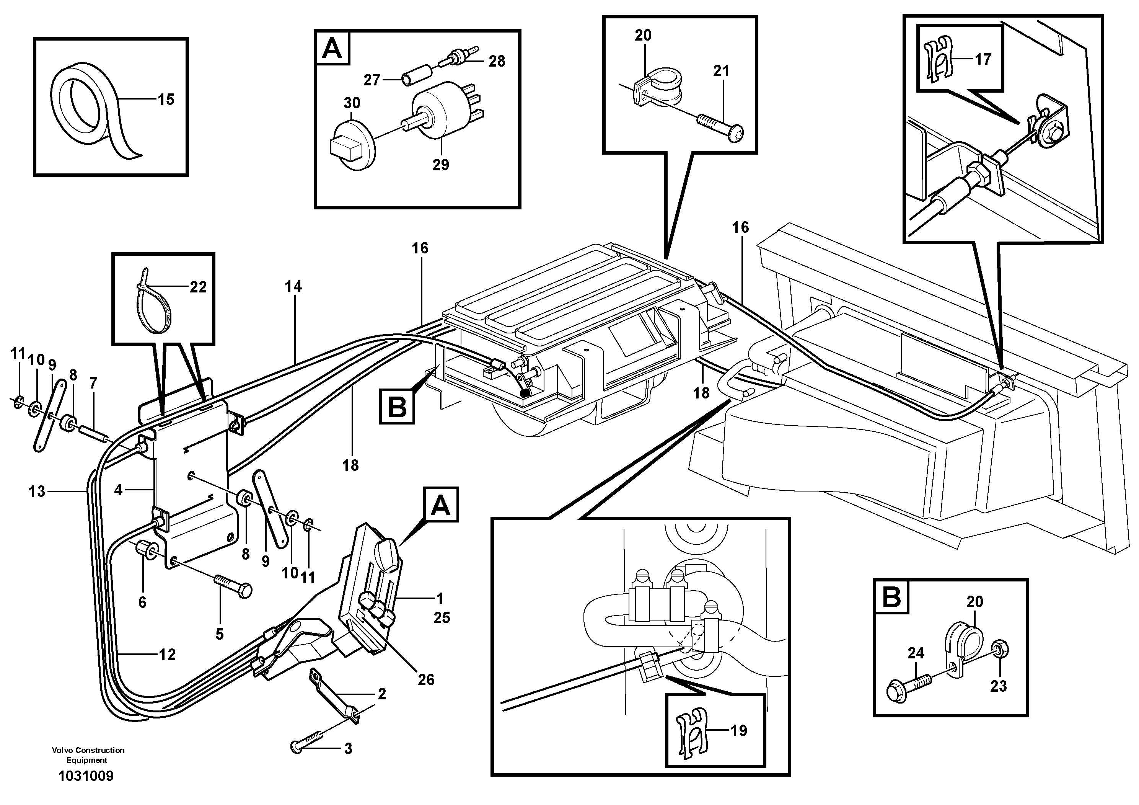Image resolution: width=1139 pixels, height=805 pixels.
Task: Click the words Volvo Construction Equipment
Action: (88, 755)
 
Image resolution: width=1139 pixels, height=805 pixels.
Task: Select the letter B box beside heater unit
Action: (397, 407)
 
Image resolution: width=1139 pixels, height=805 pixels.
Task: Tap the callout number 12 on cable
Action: (167, 655)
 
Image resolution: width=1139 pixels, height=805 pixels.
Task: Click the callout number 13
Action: (37, 491)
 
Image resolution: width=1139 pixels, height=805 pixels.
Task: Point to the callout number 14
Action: (293, 286)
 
